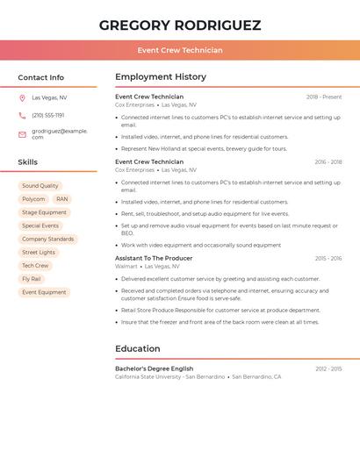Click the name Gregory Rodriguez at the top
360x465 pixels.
click(179, 25)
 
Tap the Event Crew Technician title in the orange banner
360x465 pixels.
click(179, 50)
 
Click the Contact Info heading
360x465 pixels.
click(40, 77)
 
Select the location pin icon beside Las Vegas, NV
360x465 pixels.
click(22, 97)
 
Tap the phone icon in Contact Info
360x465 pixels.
click(22, 115)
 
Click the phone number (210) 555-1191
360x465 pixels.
click(47, 115)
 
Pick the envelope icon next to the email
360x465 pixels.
click(22, 134)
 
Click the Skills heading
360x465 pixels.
click(27, 162)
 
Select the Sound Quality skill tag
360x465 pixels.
click(40, 186)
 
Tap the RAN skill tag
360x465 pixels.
click(61, 199)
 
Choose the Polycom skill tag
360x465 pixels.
click(33, 199)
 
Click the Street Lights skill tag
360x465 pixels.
click(39, 252)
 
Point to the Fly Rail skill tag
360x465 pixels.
click(32, 279)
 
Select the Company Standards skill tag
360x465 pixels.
click(47, 239)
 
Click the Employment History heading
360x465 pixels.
click(161, 77)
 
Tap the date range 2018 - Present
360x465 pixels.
click(323, 97)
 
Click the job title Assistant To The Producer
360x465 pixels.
click(154, 259)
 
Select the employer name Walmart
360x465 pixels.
click(126, 267)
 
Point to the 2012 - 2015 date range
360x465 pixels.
click(328, 369)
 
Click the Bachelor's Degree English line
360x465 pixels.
click(154, 368)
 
